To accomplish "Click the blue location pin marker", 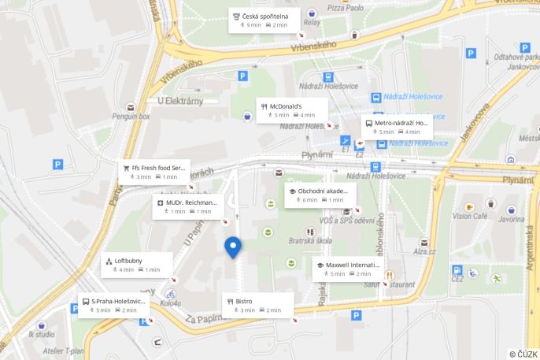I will click(x=233, y=247).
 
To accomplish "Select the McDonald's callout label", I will click(x=291, y=109).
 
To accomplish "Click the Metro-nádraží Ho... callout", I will click(x=397, y=127).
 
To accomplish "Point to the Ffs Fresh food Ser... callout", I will click(x=153, y=171).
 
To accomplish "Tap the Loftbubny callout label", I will click(x=137, y=265).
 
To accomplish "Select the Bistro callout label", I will click(x=257, y=305).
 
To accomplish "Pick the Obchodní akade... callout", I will click(x=320, y=195).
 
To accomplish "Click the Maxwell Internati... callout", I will click(x=346, y=269).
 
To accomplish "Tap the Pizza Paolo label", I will click(x=346, y=8).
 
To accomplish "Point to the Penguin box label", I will click(x=131, y=117).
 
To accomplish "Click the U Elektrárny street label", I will click(x=180, y=100).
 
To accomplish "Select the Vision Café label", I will click(x=470, y=216).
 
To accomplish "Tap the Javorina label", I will click(x=511, y=220).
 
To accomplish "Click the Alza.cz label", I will click(x=425, y=252).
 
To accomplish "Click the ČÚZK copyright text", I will click(x=523, y=354).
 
